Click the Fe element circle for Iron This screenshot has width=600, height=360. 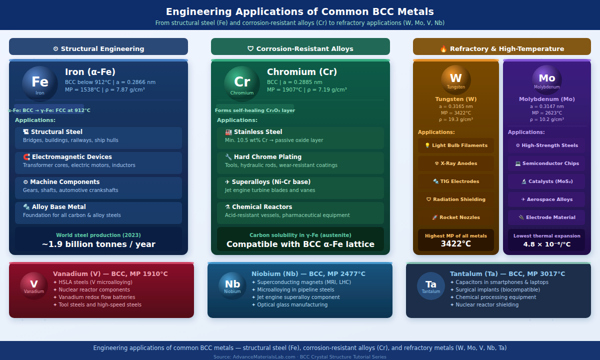pyautogui.click(x=40, y=83)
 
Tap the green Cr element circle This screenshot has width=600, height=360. pyautogui.click(x=242, y=83)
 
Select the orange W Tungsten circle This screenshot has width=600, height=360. pyautogui.click(x=456, y=79)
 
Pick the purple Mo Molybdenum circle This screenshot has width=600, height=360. pyautogui.click(x=547, y=79)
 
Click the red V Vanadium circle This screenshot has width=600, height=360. pyautogui.click(x=34, y=286)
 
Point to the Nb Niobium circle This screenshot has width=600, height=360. pyautogui.click(x=232, y=286)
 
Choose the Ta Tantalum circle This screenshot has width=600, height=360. pyautogui.click(x=431, y=286)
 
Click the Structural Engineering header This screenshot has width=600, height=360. pyautogui.click(x=98, y=48)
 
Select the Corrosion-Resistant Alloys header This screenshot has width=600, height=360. pyautogui.click(x=300, y=48)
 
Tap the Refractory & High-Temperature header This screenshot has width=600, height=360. pyautogui.click(x=502, y=48)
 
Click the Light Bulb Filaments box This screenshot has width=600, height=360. pyautogui.click(x=456, y=145)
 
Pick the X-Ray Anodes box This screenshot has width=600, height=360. pyautogui.click(x=456, y=163)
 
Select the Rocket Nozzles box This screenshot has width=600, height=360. pyautogui.click(x=456, y=217)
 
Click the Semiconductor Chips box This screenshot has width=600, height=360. pyautogui.click(x=547, y=163)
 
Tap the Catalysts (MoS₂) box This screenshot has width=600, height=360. pyautogui.click(x=547, y=181)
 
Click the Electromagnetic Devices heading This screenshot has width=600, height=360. pyautogui.click(x=67, y=157)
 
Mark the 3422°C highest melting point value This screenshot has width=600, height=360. pyautogui.click(x=456, y=244)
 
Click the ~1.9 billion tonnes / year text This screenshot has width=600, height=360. pyautogui.click(x=98, y=244)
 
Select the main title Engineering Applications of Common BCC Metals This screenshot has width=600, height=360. pyautogui.click(x=300, y=11)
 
